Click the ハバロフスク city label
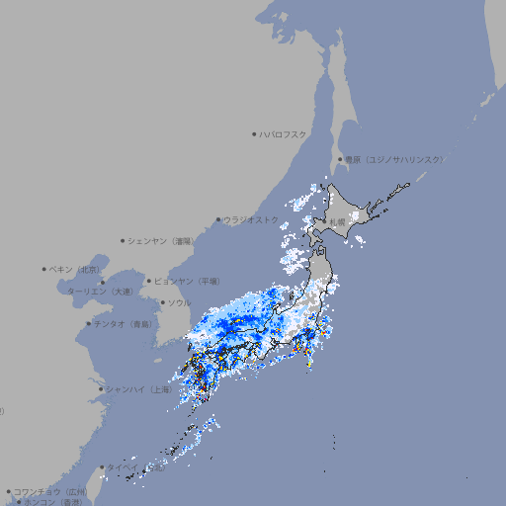pyautogui.click(x=284, y=133)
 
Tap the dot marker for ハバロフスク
pyautogui.click(x=254, y=133)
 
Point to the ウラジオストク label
pyautogui.click(x=251, y=219)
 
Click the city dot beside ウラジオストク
pyautogui.click(x=218, y=219)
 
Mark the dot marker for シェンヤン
pyautogui.click(x=124, y=240)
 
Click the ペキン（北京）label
pyautogui.click(x=77, y=269)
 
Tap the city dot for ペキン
pyautogui.click(x=44, y=269)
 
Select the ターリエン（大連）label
pyautogui.click(x=101, y=293)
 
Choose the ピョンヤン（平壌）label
pyautogui.click(x=188, y=281)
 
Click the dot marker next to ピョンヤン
pyautogui.click(x=149, y=281)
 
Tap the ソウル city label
pyautogui.click(x=180, y=302)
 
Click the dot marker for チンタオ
pyautogui.click(x=89, y=323)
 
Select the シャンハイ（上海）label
pyautogui.click(x=139, y=389)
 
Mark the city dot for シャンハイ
pyautogui.click(x=101, y=389)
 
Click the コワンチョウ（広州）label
pyautogui.click(x=50, y=491)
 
